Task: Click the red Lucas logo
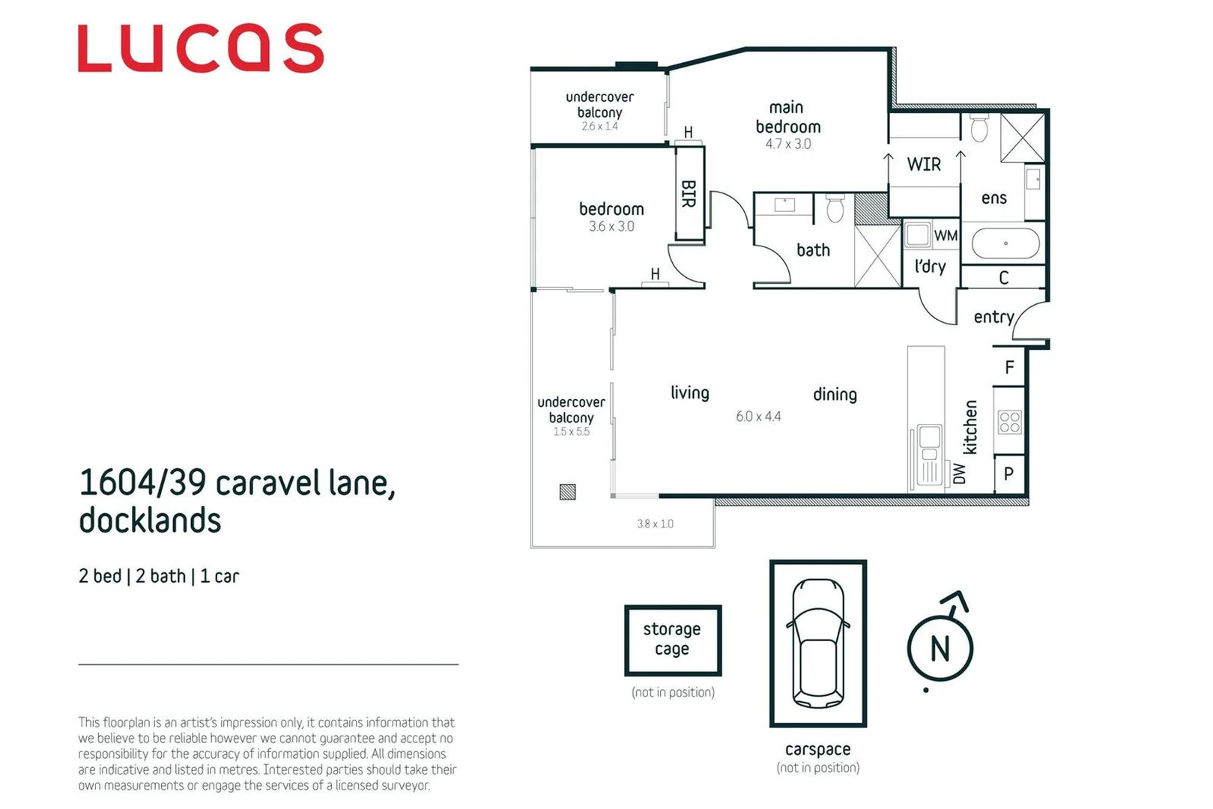tap(200, 49)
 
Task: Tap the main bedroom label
tap(787, 118)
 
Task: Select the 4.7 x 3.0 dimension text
tap(787, 144)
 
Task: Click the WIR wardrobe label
tap(923, 165)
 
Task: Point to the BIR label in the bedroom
tap(689, 193)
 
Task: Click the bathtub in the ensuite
tap(1005, 243)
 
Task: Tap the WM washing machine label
tap(946, 235)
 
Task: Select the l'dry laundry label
tap(930, 267)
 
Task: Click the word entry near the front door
tap(993, 317)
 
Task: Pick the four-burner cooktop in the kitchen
tap(1009, 422)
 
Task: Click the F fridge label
tap(1009, 367)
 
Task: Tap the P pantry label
tap(1008, 474)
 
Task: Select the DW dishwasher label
tap(960, 473)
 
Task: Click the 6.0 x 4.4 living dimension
tap(758, 416)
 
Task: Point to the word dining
tap(835, 395)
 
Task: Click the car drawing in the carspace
tap(818, 643)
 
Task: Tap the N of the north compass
tap(940, 649)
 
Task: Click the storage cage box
tap(672, 640)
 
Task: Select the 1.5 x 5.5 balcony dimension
tap(571, 431)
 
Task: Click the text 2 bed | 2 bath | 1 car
tap(159, 576)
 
